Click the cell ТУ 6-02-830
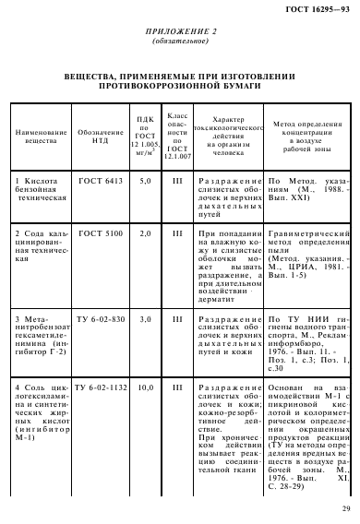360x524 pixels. tap(99, 318)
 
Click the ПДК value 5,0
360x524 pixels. tap(144, 182)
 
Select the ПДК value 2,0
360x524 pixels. tap(144, 235)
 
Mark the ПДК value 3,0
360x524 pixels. tap(144, 318)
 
